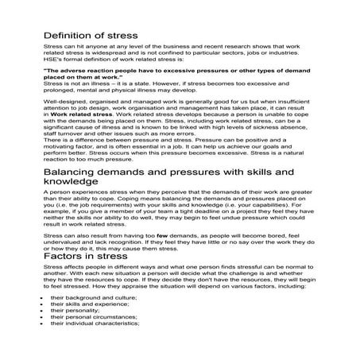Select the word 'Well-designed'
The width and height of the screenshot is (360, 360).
64,102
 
